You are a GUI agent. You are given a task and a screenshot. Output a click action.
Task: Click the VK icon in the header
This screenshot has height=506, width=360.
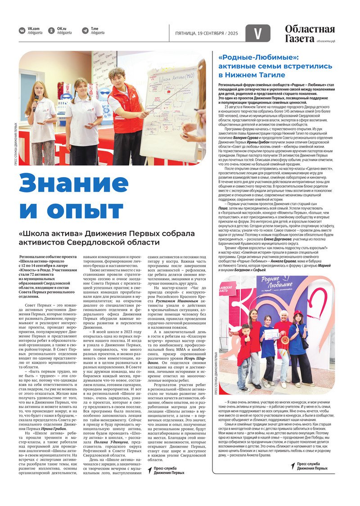point(22,31)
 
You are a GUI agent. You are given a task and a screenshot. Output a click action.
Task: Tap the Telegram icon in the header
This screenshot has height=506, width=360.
point(85,31)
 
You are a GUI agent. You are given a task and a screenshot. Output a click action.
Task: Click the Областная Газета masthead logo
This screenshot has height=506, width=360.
point(310,34)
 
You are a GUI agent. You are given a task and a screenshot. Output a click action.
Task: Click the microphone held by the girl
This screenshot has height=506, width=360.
point(36,101)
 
